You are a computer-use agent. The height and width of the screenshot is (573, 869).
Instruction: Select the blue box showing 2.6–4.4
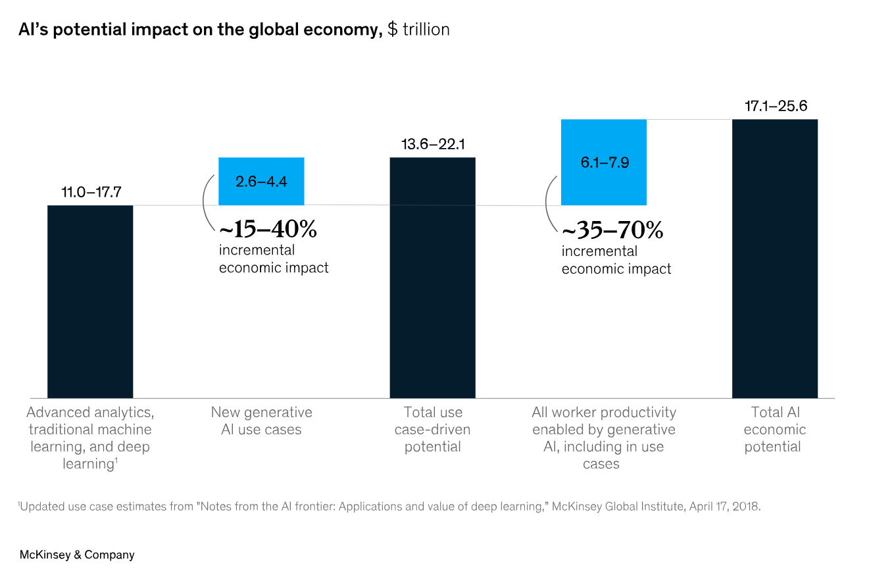(x=261, y=181)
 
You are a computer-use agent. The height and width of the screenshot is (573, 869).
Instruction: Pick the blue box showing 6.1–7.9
(x=604, y=162)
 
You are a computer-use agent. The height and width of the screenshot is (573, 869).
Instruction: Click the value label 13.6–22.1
(x=433, y=145)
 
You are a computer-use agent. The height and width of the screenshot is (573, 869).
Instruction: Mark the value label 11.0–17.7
(x=91, y=193)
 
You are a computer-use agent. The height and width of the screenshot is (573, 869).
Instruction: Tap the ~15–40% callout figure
(x=268, y=230)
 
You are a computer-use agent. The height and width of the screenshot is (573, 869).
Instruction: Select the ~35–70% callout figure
(x=612, y=230)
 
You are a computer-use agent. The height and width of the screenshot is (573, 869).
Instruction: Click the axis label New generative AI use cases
(x=262, y=421)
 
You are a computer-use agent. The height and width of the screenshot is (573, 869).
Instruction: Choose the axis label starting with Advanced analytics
(x=90, y=438)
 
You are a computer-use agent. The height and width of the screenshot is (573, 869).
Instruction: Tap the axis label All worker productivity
(x=604, y=438)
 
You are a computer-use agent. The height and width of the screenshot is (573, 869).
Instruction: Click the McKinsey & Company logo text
(x=77, y=555)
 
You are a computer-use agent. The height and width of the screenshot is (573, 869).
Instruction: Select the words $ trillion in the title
(x=418, y=30)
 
